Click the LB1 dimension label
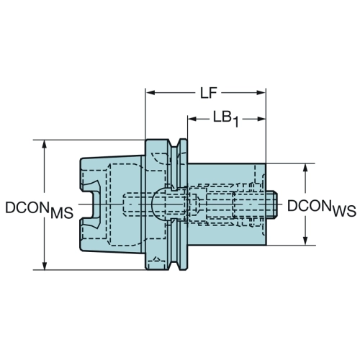click(x=226, y=120)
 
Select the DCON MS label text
click(x=39, y=210)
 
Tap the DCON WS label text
click(x=322, y=208)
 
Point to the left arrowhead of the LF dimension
click(x=150, y=93)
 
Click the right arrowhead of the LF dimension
click(x=261, y=93)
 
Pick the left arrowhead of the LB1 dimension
click(x=192, y=119)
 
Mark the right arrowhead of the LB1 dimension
click(x=261, y=119)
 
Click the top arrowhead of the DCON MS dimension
click(x=44, y=145)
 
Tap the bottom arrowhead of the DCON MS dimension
click(x=44, y=265)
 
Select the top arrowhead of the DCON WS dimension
click(x=305, y=168)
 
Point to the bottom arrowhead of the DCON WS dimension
click(x=305, y=240)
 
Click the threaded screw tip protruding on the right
click(x=271, y=204)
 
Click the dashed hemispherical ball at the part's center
click(x=159, y=204)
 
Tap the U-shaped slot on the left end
click(x=91, y=204)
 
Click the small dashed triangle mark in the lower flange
click(x=156, y=259)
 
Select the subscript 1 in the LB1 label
click(x=235, y=122)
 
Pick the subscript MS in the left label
click(x=62, y=213)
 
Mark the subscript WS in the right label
click(x=345, y=212)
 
